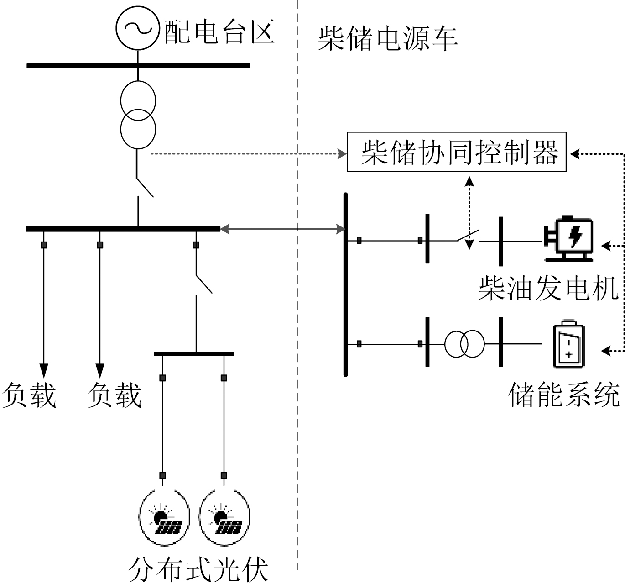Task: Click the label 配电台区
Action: coord(219,32)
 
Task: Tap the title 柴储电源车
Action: coord(387,38)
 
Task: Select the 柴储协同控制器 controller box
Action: coord(457,152)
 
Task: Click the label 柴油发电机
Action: coord(548,288)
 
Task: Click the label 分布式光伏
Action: coord(198,569)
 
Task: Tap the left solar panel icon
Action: coord(164,517)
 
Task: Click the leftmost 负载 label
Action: coord(29,395)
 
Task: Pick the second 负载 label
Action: coord(114,395)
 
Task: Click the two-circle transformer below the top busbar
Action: coord(138,115)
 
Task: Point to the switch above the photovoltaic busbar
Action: coord(203,283)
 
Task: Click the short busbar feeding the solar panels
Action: coord(194,353)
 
